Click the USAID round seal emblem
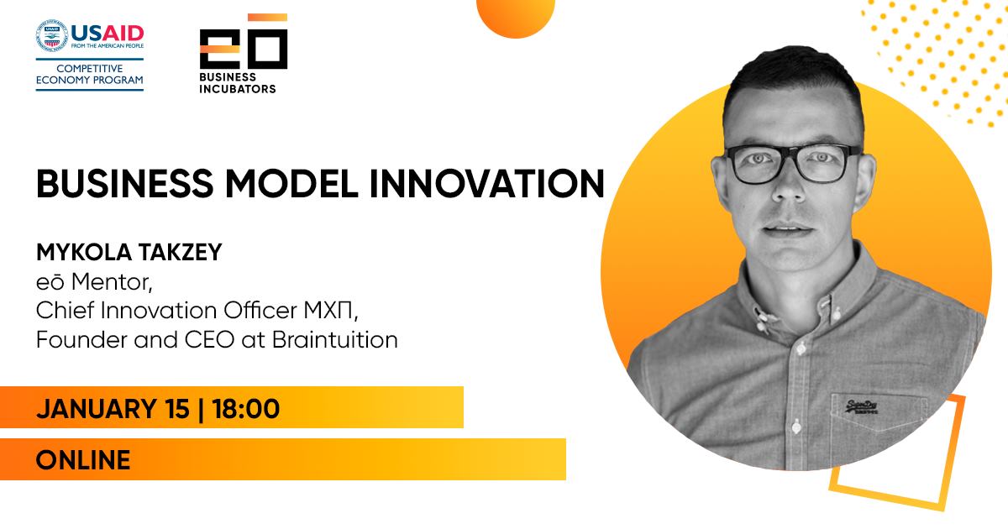(x=51, y=35)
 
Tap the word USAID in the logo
(x=108, y=34)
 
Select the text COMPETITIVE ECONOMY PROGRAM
(x=90, y=74)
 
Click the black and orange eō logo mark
(x=244, y=41)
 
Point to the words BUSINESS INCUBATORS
(x=238, y=83)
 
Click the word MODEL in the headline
(x=291, y=184)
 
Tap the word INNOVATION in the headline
(x=487, y=184)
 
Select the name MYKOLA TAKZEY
(x=129, y=252)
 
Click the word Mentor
(x=112, y=282)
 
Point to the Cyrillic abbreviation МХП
(x=331, y=311)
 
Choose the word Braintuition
(x=335, y=339)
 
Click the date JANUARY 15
(x=113, y=408)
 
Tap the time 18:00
(x=245, y=408)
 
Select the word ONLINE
(x=83, y=460)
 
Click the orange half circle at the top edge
(x=516, y=18)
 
